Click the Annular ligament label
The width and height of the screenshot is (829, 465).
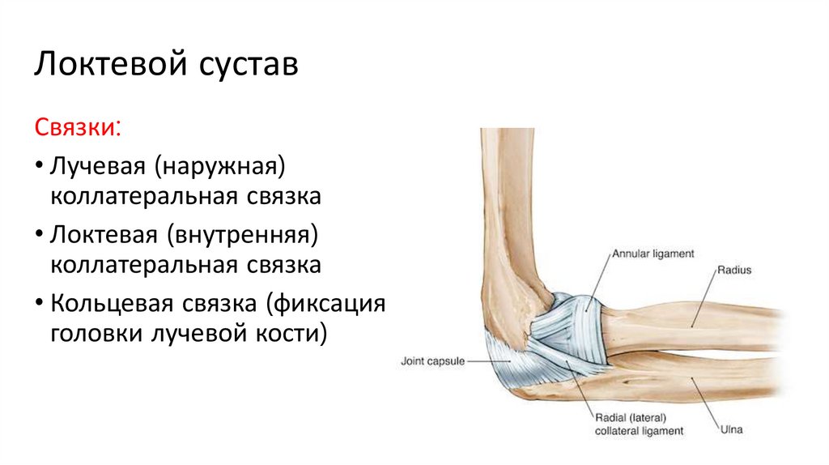click(653, 254)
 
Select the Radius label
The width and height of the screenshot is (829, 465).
click(733, 271)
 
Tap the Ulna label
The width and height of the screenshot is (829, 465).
click(731, 430)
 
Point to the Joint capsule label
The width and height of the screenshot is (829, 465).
click(432, 361)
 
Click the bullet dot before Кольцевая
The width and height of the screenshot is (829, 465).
click(39, 304)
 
